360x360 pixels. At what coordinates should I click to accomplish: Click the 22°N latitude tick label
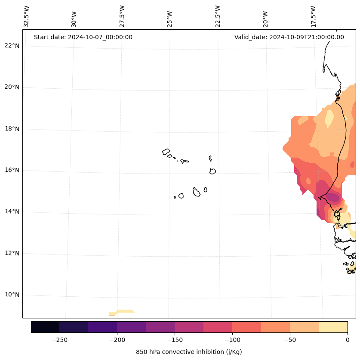(x=12, y=46)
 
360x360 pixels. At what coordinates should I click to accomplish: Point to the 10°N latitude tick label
(x=12, y=295)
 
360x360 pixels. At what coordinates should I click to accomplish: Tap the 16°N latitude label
(x=12, y=170)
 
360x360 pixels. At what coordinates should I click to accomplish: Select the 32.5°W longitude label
(x=27, y=16)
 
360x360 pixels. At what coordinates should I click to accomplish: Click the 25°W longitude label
(x=170, y=19)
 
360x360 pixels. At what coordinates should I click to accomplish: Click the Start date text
(x=83, y=37)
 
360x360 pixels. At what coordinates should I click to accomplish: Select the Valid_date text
(x=289, y=37)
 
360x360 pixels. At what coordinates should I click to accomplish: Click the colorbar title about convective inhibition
(x=189, y=352)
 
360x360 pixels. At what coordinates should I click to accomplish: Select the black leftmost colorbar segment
(x=45, y=327)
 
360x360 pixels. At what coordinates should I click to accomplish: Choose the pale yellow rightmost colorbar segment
(x=333, y=327)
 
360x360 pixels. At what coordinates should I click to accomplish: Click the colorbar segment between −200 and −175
(x=131, y=327)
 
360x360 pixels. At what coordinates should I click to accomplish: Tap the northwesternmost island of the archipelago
(x=166, y=152)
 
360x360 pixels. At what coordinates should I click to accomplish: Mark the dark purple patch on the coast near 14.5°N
(x=332, y=197)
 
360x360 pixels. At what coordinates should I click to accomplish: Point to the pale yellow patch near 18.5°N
(x=329, y=118)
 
